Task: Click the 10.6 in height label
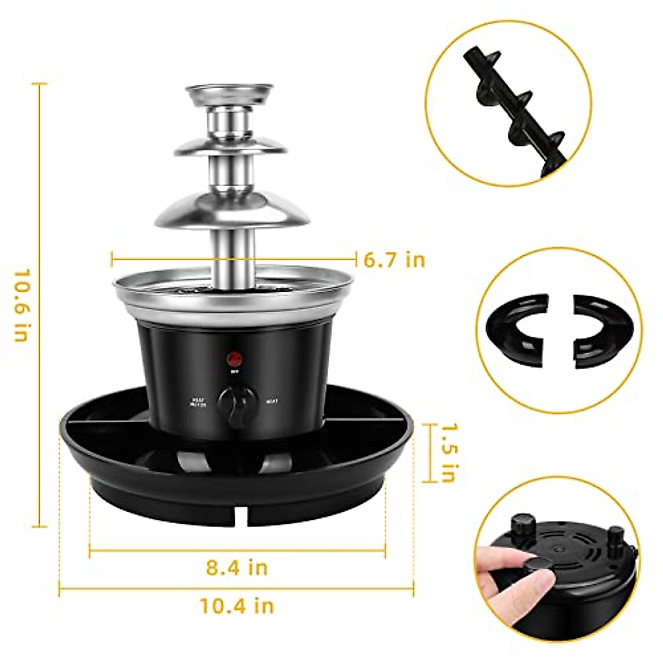tap(20, 306)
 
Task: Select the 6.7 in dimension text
tap(394, 260)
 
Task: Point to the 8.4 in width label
tap(237, 567)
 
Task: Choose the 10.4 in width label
tap(237, 606)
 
